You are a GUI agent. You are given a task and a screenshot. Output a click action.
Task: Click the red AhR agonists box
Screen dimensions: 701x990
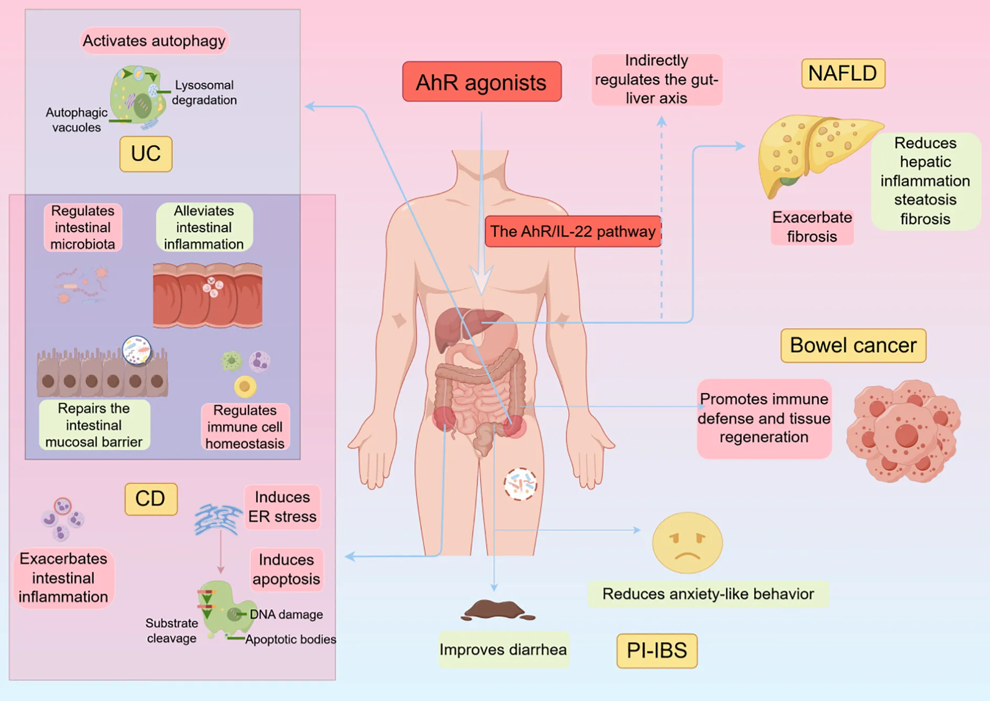click(x=481, y=82)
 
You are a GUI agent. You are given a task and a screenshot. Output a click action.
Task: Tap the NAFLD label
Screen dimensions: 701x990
click(x=843, y=73)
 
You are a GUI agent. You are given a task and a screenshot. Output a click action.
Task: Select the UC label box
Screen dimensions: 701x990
click(x=146, y=154)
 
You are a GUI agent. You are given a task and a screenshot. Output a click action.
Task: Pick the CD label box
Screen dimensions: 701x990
click(x=150, y=499)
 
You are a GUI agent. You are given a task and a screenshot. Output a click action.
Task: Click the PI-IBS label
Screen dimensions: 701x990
click(x=657, y=651)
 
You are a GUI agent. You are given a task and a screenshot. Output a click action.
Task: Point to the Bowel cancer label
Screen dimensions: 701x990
click(x=853, y=346)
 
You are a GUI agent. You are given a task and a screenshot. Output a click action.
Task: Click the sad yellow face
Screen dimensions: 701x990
click(x=687, y=543)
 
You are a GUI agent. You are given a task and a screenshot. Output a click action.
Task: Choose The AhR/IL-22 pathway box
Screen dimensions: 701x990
click(x=573, y=231)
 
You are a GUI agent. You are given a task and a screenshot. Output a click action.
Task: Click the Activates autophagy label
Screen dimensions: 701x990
click(x=154, y=41)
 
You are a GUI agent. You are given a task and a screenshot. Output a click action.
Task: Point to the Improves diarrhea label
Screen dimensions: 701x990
click(x=503, y=650)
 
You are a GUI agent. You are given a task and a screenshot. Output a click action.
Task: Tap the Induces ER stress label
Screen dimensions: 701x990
click(x=282, y=506)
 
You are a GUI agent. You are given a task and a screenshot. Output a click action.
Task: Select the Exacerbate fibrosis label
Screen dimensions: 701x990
click(x=812, y=227)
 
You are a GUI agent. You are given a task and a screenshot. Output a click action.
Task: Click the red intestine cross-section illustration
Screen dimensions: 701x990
click(x=207, y=295)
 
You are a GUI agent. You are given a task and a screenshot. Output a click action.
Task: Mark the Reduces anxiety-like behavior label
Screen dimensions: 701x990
click(x=708, y=594)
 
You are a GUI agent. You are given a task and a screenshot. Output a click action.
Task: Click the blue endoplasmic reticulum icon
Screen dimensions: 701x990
click(x=218, y=519)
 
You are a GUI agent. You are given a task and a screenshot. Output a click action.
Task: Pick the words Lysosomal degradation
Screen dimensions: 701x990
click(x=204, y=92)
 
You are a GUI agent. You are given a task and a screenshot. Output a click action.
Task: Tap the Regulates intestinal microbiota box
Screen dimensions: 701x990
click(x=83, y=227)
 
